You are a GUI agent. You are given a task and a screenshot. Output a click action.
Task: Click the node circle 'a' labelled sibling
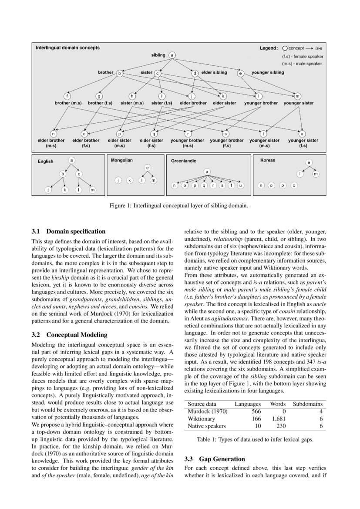(x=172, y=55)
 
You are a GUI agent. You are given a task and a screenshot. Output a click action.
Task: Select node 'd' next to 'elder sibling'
(x=195, y=73)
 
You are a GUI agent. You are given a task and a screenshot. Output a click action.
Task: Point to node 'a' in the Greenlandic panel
(x=207, y=172)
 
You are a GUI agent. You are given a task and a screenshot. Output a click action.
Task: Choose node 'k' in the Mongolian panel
(x=129, y=180)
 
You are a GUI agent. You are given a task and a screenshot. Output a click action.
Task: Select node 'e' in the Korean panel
(x=309, y=163)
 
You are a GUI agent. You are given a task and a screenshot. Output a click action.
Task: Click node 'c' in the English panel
(x=79, y=174)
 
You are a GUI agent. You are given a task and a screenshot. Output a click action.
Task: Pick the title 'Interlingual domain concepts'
(x=67, y=47)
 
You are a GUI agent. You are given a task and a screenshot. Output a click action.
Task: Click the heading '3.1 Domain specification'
(x=69, y=231)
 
